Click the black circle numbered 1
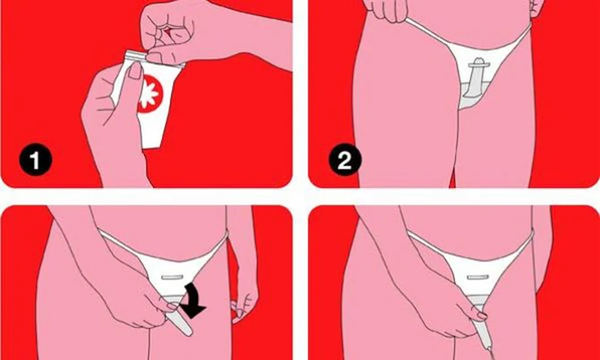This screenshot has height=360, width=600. pos(35,160)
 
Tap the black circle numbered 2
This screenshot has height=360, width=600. pos(345,160)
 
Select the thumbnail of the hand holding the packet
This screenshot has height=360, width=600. pos(134,71)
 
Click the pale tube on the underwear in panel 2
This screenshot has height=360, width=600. pos(475,76)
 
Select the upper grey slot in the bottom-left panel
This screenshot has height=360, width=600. pos(173,277)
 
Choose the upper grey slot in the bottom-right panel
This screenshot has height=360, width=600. pos(478,277)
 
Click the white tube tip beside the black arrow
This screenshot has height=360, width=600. pos(182,322)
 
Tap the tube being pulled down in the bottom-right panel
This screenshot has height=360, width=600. pos(482,329)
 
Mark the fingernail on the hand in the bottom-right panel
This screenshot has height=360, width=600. pos(482,316)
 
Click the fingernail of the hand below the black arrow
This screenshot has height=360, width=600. pos(173,305)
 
